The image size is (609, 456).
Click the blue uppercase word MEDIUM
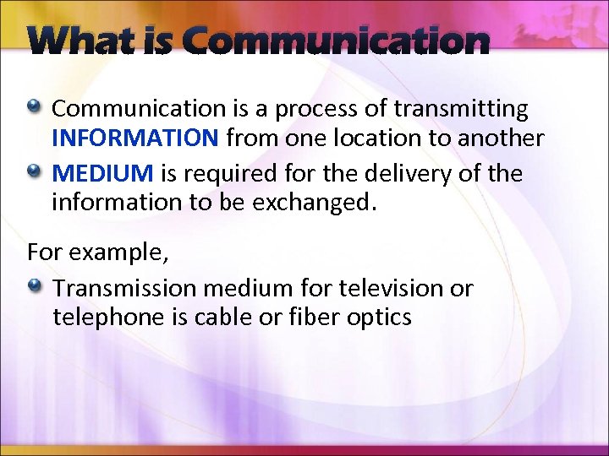click(102, 174)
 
